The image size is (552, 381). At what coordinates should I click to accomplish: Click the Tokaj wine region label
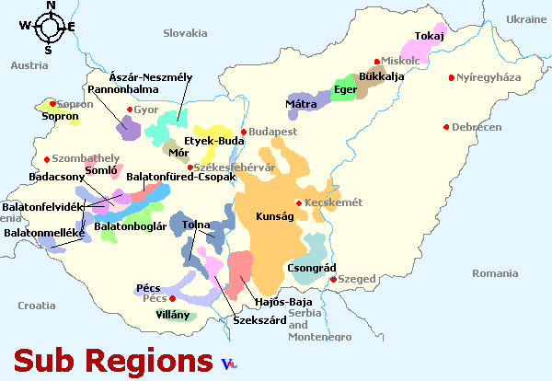tap(430, 36)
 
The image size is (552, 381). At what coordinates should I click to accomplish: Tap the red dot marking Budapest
tap(244, 133)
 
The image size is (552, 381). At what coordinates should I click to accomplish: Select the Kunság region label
tap(274, 216)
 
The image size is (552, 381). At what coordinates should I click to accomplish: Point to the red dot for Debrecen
tap(446, 127)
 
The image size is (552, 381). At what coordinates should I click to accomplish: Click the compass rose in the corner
tap(49, 27)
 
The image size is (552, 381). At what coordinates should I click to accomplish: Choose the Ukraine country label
tap(526, 18)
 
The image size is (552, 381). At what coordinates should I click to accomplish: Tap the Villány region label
tap(172, 315)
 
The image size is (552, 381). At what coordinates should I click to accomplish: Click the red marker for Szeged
tap(334, 279)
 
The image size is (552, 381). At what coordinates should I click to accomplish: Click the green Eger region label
tap(345, 89)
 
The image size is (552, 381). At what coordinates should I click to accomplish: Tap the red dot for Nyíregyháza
tap(451, 77)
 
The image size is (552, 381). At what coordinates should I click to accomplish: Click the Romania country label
tap(495, 273)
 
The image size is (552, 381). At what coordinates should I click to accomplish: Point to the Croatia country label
tap(37, 305)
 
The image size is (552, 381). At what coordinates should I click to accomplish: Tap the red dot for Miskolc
tap(376, 61)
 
